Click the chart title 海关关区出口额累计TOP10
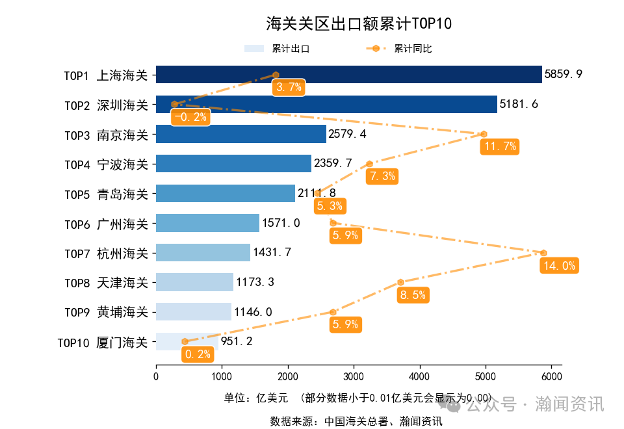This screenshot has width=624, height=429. coord(358,25)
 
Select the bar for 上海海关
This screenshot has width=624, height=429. coord(390,75)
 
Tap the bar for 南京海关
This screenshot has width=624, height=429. coord(241,134)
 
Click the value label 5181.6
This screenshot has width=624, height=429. coord(519,104)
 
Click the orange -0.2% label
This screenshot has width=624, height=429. coord(190,117)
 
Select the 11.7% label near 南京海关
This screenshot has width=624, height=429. coord(499,147)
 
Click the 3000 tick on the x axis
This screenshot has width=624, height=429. coord(354,377)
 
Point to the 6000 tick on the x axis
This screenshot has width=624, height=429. coord(551,377)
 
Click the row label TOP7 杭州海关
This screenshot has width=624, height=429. coord(106,253)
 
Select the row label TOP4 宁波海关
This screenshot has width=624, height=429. coord(106,164)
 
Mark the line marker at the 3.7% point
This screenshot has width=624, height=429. coord(276,75)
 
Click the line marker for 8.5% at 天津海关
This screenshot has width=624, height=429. coord(400,282)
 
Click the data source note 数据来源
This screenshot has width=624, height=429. coord(356,421)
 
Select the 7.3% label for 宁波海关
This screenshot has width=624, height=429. coord(382,176)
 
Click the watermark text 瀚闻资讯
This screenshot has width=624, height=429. coord(569,404)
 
